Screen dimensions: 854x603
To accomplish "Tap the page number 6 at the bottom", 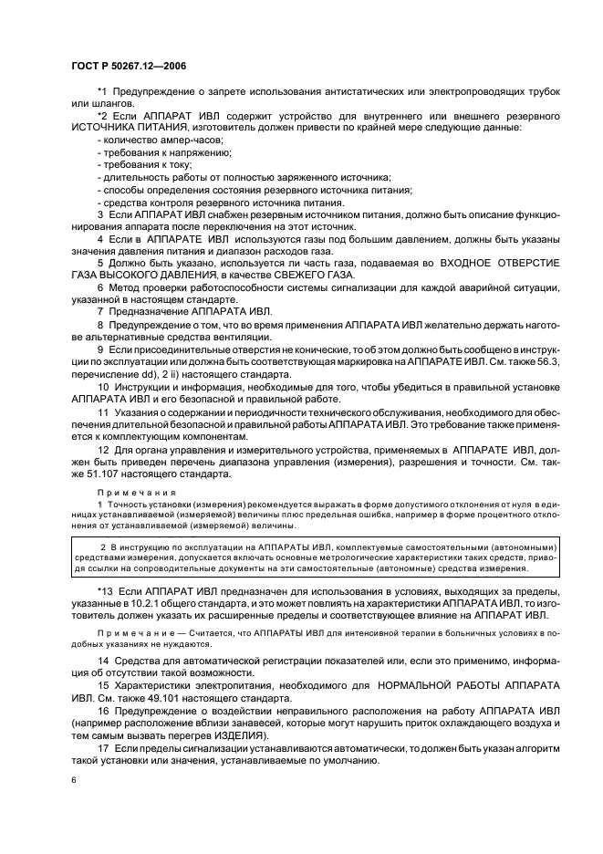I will click(x=74, y=779).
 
